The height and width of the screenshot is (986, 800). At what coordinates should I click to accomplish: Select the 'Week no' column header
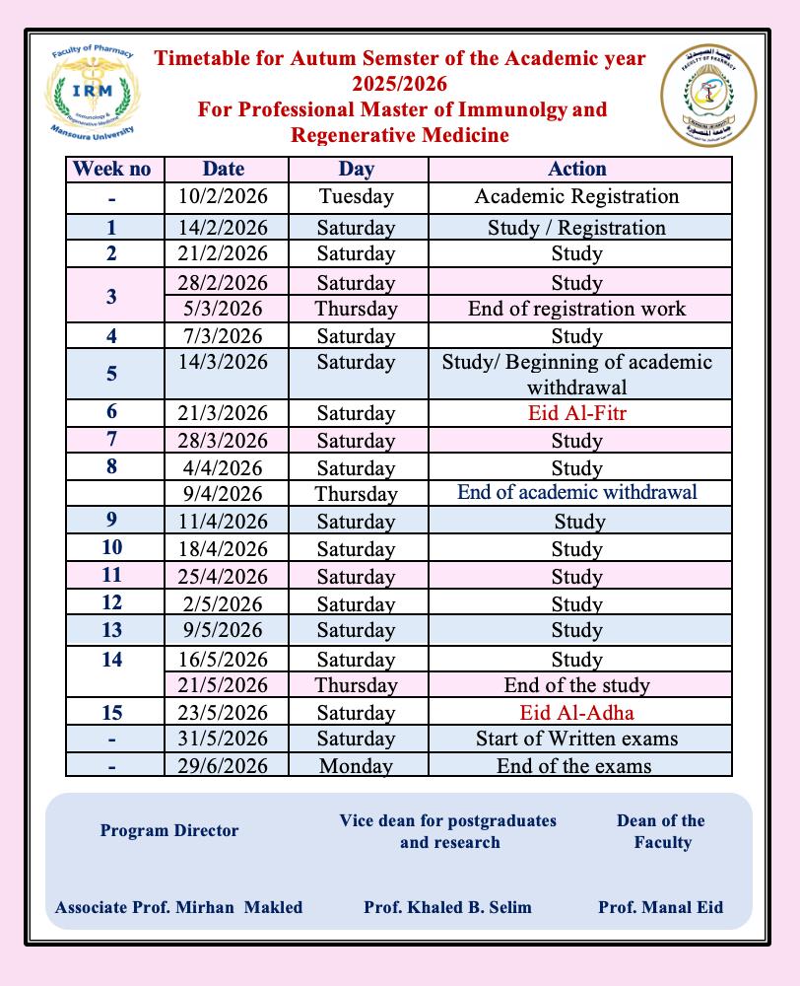[112, 169]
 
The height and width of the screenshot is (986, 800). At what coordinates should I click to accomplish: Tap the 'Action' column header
[577, 169]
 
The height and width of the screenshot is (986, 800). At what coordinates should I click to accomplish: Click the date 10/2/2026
[224, 196]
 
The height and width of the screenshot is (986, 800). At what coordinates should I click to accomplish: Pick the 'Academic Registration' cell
[577, 196]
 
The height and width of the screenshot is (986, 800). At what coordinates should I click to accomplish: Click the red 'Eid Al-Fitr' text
[577, 413]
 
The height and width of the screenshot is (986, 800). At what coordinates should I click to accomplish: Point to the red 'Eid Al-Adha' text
[577, 713]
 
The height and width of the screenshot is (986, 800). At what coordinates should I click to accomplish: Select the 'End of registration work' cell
[577, 309]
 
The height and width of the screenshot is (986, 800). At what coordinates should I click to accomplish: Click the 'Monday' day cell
[356, 765]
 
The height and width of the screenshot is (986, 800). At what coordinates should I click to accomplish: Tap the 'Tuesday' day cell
[356, 196]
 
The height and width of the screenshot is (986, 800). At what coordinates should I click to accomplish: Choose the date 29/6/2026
[224, 765]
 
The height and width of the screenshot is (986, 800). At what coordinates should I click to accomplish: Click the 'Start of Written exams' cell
[577, 739]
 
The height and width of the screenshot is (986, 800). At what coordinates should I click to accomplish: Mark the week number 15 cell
[112, 713]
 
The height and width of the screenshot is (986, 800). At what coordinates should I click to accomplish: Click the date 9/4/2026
[224, 494]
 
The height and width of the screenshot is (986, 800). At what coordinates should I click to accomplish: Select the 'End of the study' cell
[577, 685]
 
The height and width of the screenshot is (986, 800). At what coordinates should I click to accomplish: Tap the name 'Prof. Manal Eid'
[660, 907]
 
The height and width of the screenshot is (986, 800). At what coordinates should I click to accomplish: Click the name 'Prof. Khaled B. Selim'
[447, 907]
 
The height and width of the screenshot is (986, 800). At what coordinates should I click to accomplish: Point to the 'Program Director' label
[169, 830]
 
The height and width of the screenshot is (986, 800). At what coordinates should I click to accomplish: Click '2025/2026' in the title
[400, 84]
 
